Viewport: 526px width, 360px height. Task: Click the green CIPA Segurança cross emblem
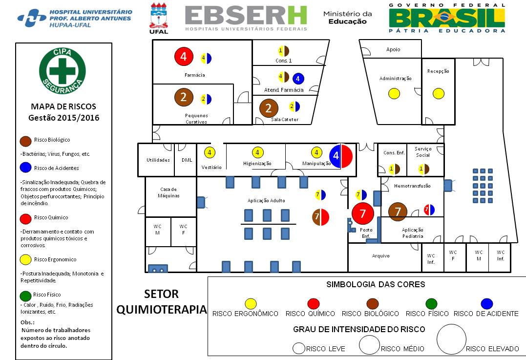(63, 69)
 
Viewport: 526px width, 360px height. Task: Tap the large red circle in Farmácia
(184, 57)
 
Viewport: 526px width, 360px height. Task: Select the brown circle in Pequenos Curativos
(184, 97)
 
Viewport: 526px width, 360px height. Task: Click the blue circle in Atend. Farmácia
(298, 78)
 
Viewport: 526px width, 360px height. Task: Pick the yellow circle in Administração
(394, 93)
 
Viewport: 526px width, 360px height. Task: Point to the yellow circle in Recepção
(439, 93)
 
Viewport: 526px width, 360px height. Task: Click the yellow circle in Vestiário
(210, 153)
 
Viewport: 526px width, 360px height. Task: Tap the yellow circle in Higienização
(257, 153)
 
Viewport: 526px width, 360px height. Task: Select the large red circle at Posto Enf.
(362, 213)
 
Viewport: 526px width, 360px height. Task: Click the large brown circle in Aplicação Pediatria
(398, 211)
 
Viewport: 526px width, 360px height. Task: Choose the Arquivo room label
(381, 255)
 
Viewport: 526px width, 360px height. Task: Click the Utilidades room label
(158, 160)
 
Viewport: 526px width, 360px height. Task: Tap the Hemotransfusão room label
(412, 186)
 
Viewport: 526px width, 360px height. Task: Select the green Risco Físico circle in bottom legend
(431, 304)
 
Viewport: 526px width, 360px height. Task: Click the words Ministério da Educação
(347, 18)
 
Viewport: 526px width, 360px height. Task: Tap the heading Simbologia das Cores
(368, 284)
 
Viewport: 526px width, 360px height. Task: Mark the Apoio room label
(393, 49)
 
